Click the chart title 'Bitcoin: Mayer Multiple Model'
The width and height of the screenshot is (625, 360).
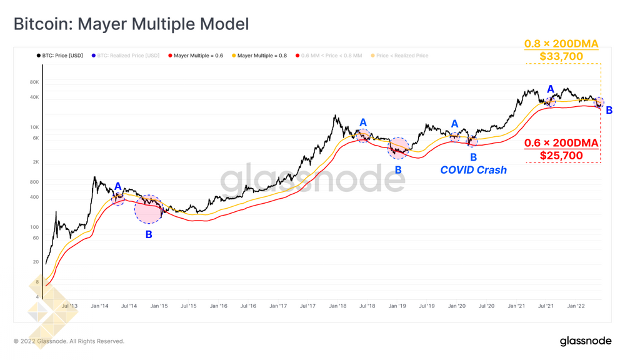click(x=131, y=24)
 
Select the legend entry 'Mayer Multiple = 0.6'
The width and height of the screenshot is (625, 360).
click(x=198, y=56)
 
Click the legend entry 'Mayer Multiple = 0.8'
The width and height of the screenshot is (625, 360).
click(x=262, y=56)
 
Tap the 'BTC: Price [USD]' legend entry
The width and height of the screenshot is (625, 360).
click(x=62, y=56)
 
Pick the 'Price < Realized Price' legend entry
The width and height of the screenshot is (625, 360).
click(x=402, y=56)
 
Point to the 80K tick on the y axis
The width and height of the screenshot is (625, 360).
click(x=34, y=82)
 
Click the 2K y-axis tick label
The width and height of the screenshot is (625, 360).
click(x=35, y=162)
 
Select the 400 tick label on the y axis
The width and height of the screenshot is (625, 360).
click(x=34, y=197)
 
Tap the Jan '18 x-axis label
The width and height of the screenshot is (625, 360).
click(x=337, y=306)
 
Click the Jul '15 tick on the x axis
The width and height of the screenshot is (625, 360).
click(x=189, y=306)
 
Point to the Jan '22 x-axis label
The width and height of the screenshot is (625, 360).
click(x=576, y=306)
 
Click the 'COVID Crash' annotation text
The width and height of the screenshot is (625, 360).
click(x=473, y=170)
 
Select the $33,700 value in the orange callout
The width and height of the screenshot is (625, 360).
click(x=561, y=57)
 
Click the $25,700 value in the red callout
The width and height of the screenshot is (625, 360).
click(x=561, y=156)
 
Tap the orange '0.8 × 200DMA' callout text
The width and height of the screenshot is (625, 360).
click(x=561, y=44)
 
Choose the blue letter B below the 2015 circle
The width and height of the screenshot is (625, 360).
click(x=149, y=235)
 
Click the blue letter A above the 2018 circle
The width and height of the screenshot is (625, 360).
click(x=363, y=123)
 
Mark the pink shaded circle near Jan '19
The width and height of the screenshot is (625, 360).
click(x=398, y=148)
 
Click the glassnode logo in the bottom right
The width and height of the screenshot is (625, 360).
click(x=586, y=341)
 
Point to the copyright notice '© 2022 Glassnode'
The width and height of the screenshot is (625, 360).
click(x=69, y=341)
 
